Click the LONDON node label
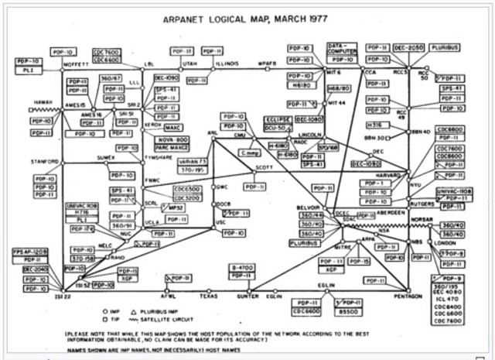pos(445,242)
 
